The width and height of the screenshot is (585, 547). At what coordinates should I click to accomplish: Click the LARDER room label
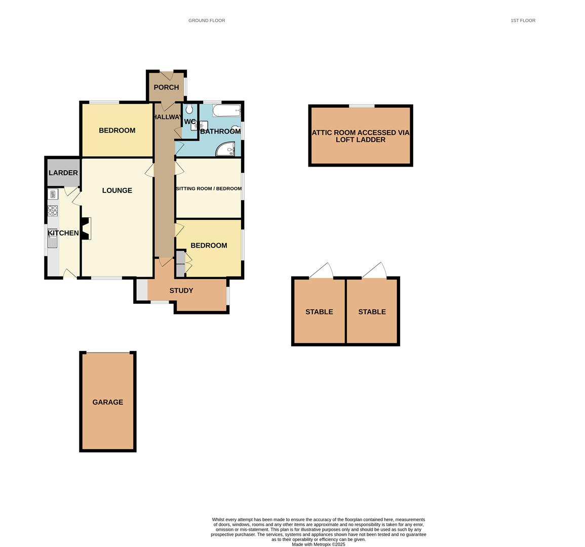pyautogui.click(x=63, y=173)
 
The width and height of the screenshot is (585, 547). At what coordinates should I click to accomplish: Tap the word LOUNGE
pyautogui.click(x=117, y=190)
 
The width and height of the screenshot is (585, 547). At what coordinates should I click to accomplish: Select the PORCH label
pyautogui.click(x=166, y=87)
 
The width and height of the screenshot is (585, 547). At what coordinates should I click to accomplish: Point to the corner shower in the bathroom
pyautogui.click(x=226, y=149)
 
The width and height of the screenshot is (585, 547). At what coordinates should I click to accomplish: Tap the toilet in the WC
pyautogui.click(x=189, y=109)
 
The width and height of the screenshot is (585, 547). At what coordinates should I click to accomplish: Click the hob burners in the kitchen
pyautogui.click(x=53, y=210)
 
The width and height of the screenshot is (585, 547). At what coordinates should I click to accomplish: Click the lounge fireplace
pyautogui.click(x=86, y=228)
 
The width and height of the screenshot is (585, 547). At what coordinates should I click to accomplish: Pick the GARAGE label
pyautogui.click(x=107, y=402)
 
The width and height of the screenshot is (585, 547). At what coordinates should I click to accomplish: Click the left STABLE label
pyautogui.click(x=319, y=312)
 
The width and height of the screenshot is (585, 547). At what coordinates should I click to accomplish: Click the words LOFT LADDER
pyautogui.click(x=360, y=140)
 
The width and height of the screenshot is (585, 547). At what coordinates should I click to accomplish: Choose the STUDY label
pyautogui.click(x=181, y=291)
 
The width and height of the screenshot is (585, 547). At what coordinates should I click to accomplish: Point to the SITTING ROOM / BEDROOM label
pyautogui.click(x=209, y=188)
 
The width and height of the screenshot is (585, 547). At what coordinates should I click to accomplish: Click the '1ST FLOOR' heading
pyautogui.click(x=523, y=21)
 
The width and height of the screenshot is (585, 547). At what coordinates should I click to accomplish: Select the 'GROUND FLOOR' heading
pyautogui.click(x=207, y=21)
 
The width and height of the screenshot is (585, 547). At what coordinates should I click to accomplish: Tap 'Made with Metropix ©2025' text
pyautogui.click(x=318, y=544)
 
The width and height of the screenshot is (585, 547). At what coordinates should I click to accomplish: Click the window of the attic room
pyautogui.click(x=362, y=106)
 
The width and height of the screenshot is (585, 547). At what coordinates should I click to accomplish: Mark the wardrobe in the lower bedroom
pyautogui.click(x=180, y=263)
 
